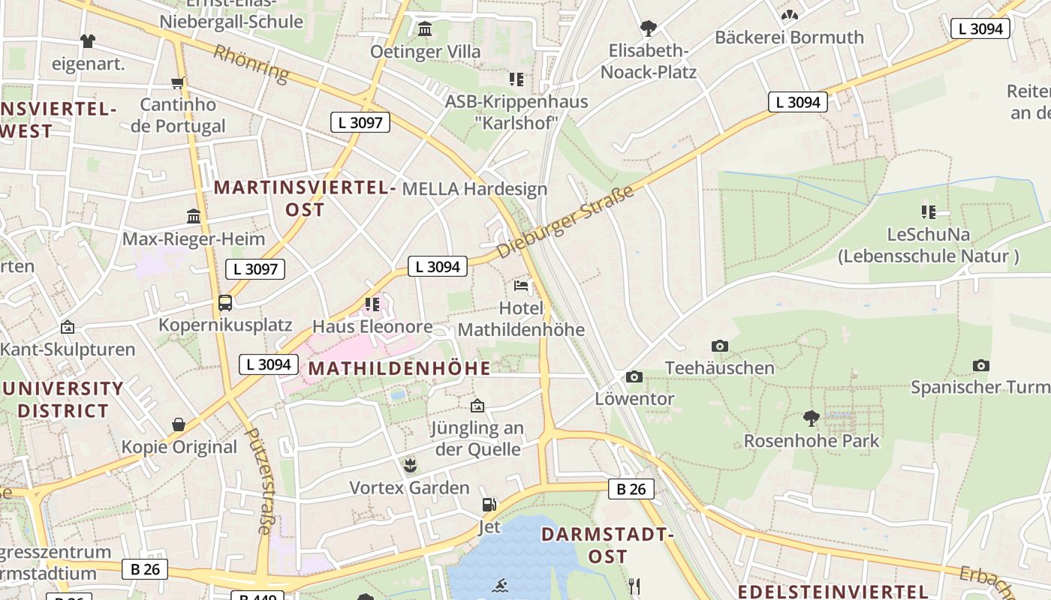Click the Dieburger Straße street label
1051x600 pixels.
point(565,222)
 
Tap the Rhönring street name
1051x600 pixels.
point(251,62)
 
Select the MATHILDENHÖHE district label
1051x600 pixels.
point(399,368)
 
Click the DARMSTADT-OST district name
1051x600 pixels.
point(607,545)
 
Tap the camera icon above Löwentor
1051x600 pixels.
point(634,376)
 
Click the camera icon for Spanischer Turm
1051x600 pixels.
point(980,365)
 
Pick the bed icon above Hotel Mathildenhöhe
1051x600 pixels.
point(521,286)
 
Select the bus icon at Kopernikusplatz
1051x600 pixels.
point(225,303)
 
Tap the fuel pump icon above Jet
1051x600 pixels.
point(489,505)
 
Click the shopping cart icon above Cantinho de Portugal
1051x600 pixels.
point(178,82)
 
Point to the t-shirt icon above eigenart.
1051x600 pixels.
point(88,41)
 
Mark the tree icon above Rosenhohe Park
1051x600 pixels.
point(811,418)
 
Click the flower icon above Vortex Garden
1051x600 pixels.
point(410,466)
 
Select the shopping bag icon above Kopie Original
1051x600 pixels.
point(179,424)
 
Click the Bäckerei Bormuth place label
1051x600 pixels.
point(789,37)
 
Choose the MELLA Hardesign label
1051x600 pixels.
point(474,189)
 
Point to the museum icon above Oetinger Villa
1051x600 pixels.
point(425,29)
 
